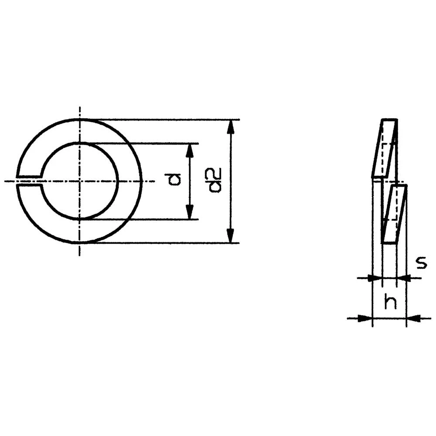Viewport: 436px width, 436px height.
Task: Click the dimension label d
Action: [175, 179]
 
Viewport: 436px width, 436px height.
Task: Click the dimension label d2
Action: [215, 180]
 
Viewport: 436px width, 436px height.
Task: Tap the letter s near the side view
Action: [420, 263]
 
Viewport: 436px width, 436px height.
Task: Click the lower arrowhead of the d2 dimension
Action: [232, 235]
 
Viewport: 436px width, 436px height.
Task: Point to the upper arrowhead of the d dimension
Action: [189, 150]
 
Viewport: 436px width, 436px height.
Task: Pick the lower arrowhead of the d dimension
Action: [189, 212]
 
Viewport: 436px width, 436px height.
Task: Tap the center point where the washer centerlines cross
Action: [79, 181]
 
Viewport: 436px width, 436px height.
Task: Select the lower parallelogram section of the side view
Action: [394, 214]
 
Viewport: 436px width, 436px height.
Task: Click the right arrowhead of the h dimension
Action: [415, 319]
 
